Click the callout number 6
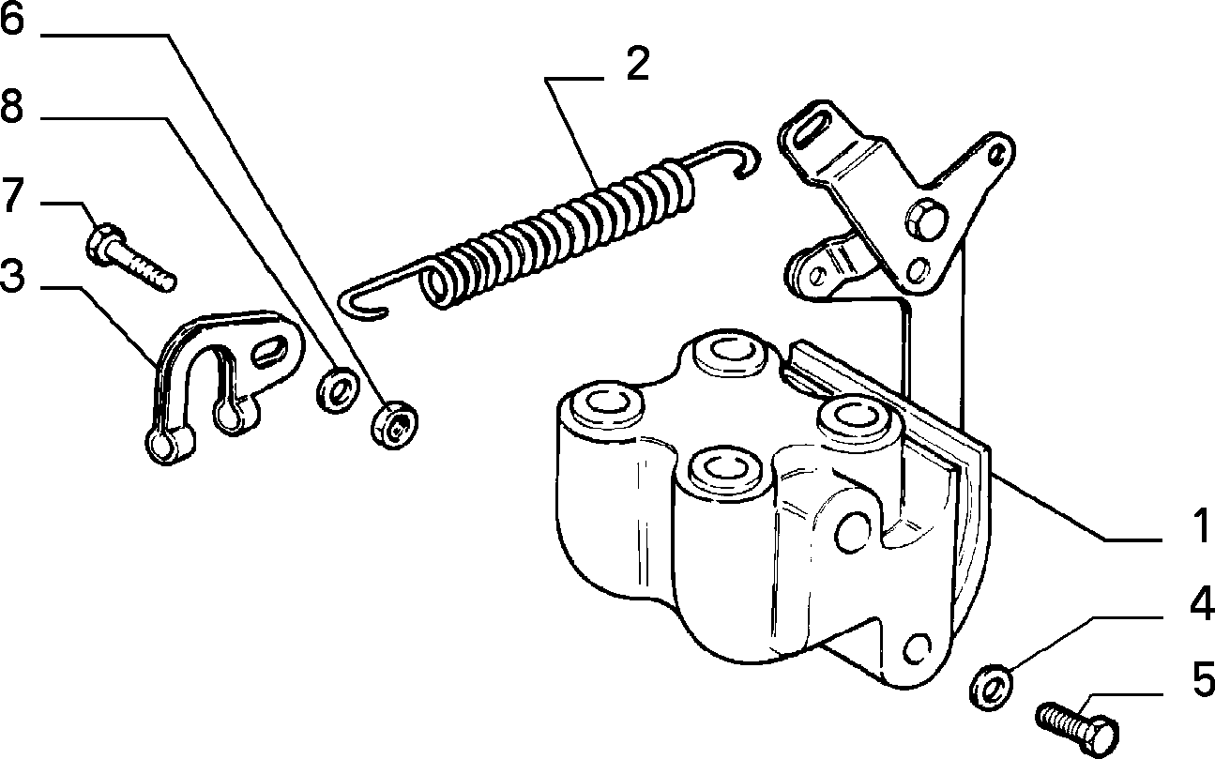(x=12, y=19)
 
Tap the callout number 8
(x=12, y=106)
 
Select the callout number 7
(x=13, y=195)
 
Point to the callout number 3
(x=12, y=276)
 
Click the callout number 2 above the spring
(x=637, y=64)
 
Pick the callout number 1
(x=1200, y=525)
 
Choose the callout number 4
(x=1202, y=602)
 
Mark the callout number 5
(x=1203, y=678)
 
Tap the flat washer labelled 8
(x=339, y=389)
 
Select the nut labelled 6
(x=394, y=425)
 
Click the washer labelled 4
(x=991, y=687)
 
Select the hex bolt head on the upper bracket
(x=926, y=220)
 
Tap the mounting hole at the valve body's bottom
(x=917, y=648)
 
